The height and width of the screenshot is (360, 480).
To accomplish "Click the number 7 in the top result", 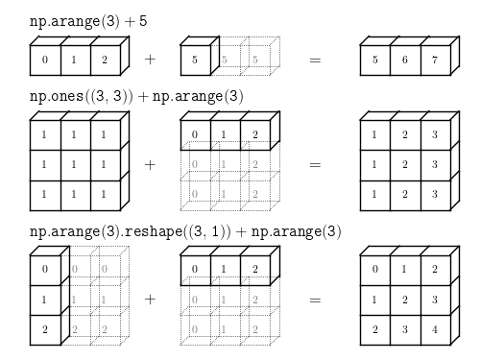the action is pyautogui.click(x=435, y=60).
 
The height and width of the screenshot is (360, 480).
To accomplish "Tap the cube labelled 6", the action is pyautogui.click(x=405, y=60).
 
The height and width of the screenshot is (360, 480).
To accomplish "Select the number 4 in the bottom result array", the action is pyautogui.click(x=435, y=329).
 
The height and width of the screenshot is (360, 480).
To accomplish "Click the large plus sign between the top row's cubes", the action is pyautogui.click(x=150, y=60).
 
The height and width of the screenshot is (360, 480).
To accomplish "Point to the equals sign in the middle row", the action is pyautogui.click(x=315, y=164).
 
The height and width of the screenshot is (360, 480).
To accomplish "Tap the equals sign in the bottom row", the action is pyautogui.click(x=315, y=300).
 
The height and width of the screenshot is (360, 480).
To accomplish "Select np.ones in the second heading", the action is pyautogui.click(x=57, y=96).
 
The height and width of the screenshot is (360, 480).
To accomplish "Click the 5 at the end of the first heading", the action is pyautogui.click(x=143, y=21).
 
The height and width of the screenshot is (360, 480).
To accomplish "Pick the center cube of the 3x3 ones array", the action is pyautogui.click(x=76, y=165).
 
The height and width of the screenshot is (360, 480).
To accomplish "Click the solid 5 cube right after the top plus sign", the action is pyautogui.click(x=196, y=60).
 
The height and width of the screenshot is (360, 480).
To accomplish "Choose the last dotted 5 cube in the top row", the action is pyautogui.click(x=255, y=60).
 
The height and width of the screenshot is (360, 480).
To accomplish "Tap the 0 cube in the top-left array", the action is pyautogui.click(x=45, y=60).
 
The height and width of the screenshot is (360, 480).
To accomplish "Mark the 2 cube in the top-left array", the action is pyautogui.click(x=106, y=60).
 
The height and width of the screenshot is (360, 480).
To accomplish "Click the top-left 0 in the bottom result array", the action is pyautogui.click(x=375, y=269).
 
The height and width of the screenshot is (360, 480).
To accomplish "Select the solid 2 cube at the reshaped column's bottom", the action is pyautogui.click(x=45, y=330).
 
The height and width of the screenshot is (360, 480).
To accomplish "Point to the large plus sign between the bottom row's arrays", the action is pyautogui.click(x=150, y=300).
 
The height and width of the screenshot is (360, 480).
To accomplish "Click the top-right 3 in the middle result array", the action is pyautogui.click(x=435, y=134).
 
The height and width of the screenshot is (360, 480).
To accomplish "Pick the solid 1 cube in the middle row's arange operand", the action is pyautogui.click(x=226, y=135).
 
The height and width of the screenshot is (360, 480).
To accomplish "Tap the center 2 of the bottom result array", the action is pyautogui.click(x=405, y=300).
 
